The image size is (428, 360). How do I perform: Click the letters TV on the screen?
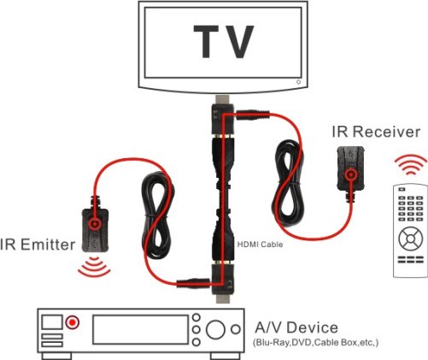(x=224, y=42)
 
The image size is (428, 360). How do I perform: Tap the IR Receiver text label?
(x=376, y=132)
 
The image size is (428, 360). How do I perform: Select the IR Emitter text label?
(x=38, y=245)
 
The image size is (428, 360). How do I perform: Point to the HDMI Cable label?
(x=260, y=245)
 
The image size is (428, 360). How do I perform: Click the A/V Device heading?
(x=296, y=328)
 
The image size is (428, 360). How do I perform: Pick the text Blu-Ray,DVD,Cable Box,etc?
(x=315, y=342)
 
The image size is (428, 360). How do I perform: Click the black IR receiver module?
(x=350, y=169)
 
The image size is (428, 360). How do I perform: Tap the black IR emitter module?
(x=95, y=230)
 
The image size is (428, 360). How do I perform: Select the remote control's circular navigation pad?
(x=411, y=239)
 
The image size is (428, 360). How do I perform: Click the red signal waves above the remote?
(x=410, y=165)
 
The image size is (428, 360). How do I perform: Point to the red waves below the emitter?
(x=94, y=267)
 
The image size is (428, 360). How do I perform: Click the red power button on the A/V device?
(x=73, y=322)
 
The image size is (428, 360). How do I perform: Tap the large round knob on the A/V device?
(x=215, y=329)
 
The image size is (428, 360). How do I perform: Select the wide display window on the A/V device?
(x=140, y=329)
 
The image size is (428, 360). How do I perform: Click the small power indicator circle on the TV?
(x=298, y=82)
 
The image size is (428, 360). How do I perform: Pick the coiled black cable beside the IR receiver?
(x=288, y=183)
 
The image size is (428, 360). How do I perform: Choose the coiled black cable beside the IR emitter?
(x=158, y=215)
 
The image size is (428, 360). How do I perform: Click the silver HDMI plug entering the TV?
(x=224, y=100)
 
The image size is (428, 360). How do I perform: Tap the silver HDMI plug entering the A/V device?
(x=224, y=299)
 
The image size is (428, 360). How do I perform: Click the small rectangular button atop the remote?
(x=402, y=189)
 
